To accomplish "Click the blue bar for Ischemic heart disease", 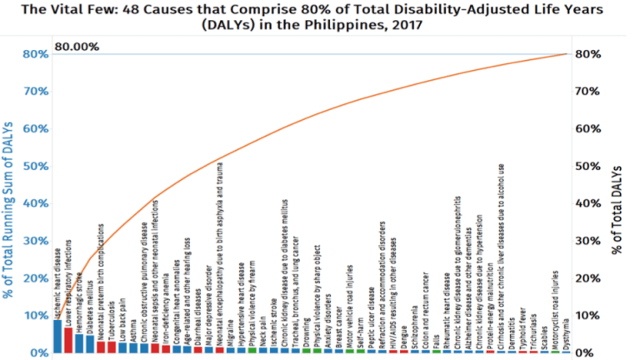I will [57, 337].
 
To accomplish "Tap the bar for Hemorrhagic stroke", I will [79, 343].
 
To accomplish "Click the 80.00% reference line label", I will [77, 47].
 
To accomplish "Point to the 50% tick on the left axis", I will [35, 167].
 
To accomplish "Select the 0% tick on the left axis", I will [38, 353].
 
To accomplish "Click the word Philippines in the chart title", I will [337, 25].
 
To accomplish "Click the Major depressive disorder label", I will [207, 296].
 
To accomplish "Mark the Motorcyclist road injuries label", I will [556, 308].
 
